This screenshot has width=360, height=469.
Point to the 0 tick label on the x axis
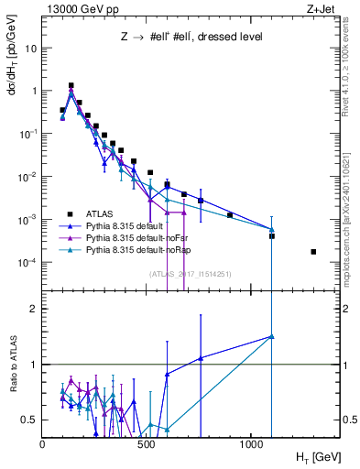43,442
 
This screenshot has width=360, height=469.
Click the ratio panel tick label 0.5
30,420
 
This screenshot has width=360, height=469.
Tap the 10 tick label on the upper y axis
30,48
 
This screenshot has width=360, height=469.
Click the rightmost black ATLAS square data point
313,251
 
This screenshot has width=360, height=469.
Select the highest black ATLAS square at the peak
71,85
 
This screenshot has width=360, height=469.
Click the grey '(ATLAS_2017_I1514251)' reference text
191,273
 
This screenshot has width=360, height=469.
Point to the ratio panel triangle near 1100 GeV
271,336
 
